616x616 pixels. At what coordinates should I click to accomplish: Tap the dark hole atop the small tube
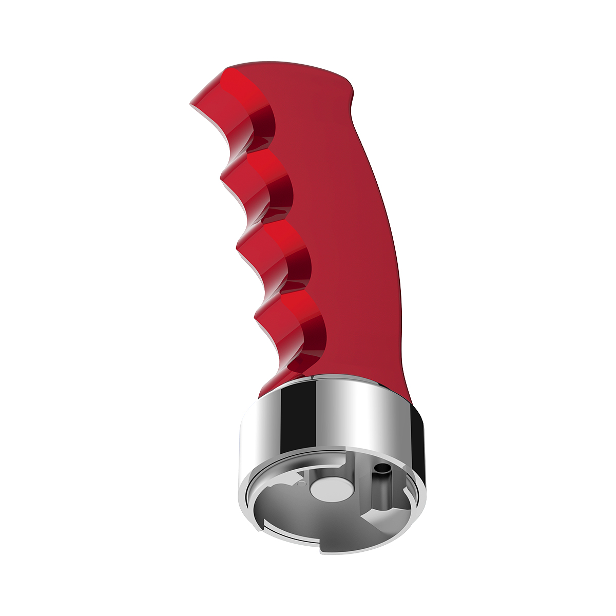pyautogui.click(x=381, y=468)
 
